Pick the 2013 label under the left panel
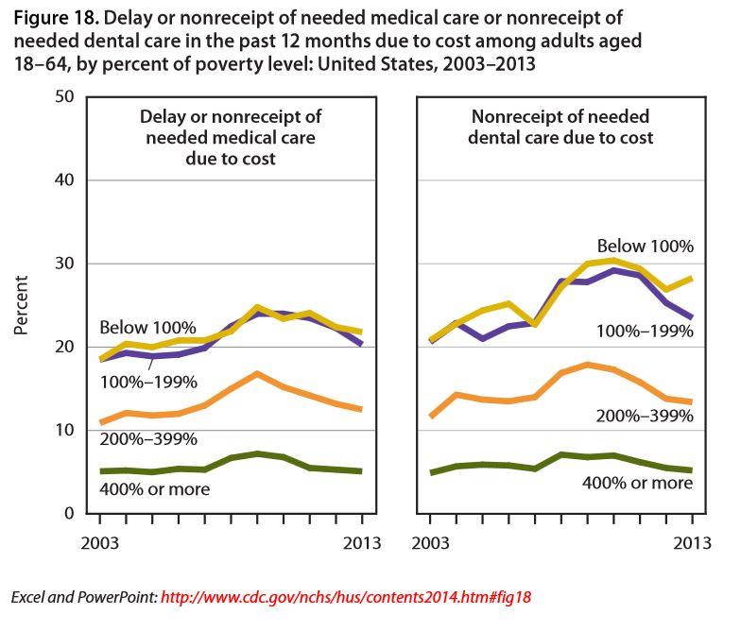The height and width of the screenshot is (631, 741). [x=361, y=543]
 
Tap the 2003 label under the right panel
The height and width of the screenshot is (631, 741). [x=431, y=543]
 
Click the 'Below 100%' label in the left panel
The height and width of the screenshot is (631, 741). [x=147, y=328]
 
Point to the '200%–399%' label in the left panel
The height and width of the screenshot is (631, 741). [x=148, y=439]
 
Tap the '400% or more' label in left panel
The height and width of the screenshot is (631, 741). [x=154, y=489]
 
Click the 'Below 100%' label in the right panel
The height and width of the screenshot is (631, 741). [x=646, y=247]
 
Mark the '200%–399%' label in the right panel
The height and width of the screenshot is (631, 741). [x=646, y=415]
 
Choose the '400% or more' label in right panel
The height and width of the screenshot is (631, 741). [x=638, y=482]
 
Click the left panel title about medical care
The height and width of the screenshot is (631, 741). [x=231, y=138]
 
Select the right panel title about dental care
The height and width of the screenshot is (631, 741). [x=560, y=127]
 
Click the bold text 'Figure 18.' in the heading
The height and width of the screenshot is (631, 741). [x=50, y=18]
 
